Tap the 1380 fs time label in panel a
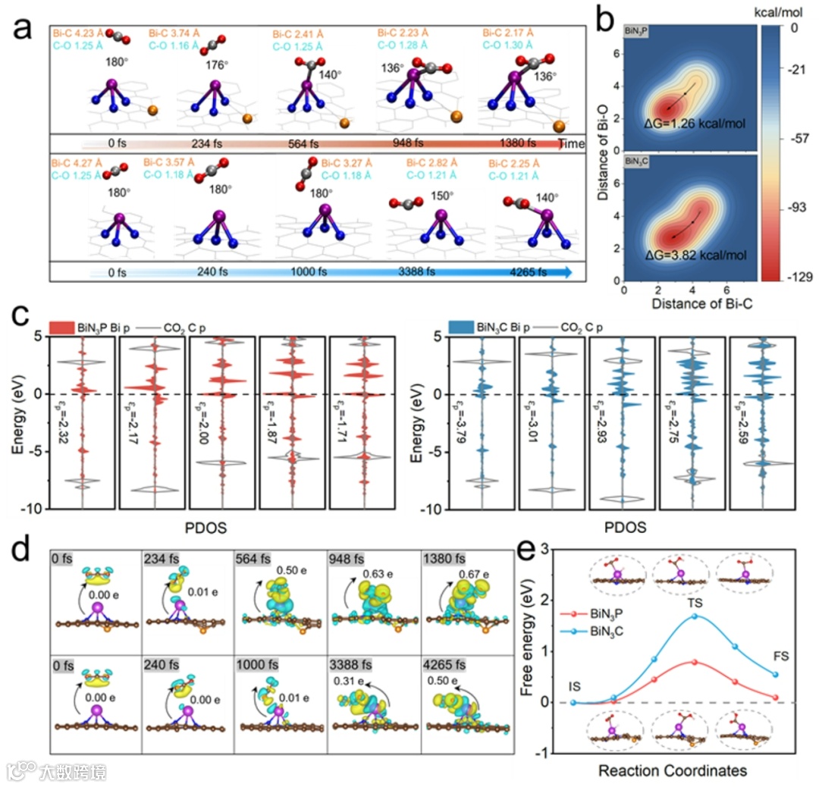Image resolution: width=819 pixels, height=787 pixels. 516,143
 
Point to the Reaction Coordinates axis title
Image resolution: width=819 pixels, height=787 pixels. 672,770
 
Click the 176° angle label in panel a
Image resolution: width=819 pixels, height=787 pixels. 216,65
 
